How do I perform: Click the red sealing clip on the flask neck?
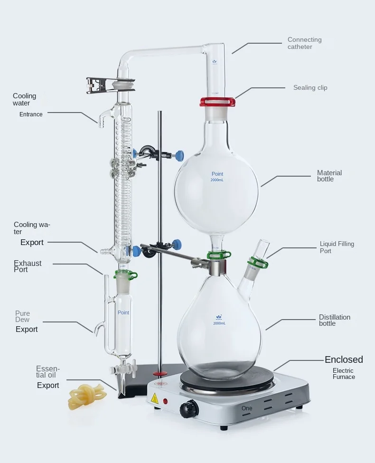click(217, 101)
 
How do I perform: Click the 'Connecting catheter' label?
click(304, 43)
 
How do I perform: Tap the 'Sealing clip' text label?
click(310, 88)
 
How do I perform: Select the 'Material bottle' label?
click(329, 176)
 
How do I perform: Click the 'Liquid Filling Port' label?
click(337, 247)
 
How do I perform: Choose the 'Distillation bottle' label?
click(334, 320)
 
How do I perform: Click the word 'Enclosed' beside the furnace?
click(343, 359)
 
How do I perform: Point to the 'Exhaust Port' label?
click(28, 266)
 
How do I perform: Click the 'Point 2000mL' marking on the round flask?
click(217, 177)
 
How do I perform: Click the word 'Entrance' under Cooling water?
click(31, 114)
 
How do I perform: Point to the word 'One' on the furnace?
click(247, 408)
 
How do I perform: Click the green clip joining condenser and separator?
click(125, 274)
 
